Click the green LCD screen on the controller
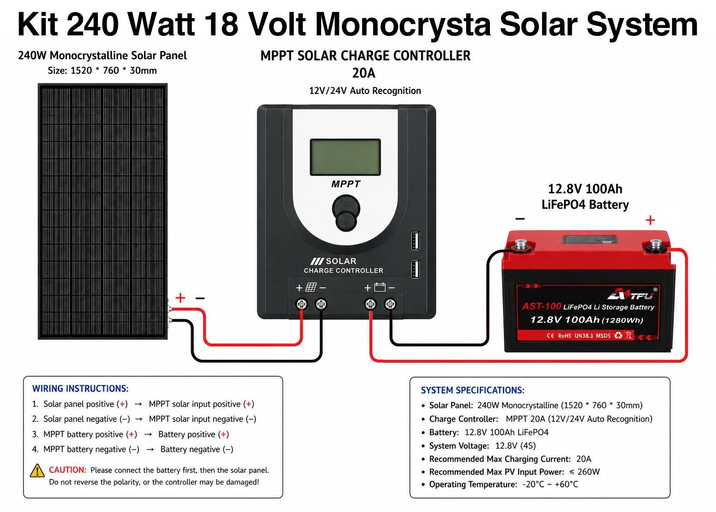(345, 157)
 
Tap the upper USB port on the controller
(415, 241)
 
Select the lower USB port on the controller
(415, 269)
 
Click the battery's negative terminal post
(521, 245)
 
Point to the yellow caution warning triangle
(37, 471)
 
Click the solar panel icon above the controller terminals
(311, 287)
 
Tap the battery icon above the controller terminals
(380, 287)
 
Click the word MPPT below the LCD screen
(345, 184)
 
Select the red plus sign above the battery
(650, 220)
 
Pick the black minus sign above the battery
(520, 219)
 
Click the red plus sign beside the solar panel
(180, 298)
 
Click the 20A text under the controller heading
(364, 73)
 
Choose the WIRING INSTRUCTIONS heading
(80, 389)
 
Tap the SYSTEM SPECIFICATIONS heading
(472, 390)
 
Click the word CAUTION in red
(68, 470)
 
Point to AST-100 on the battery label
(542, 306)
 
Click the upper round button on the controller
(346, 207)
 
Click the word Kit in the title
(38, 24)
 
